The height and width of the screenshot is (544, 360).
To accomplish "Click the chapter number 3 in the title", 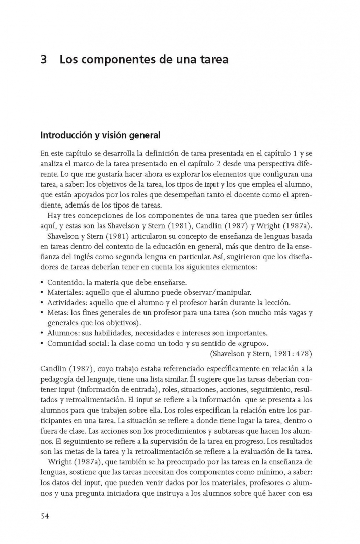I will [x=44, y=59].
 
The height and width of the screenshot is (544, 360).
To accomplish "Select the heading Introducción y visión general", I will [x=100, y=135].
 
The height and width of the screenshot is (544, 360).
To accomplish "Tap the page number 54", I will [x=46, y=516].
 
